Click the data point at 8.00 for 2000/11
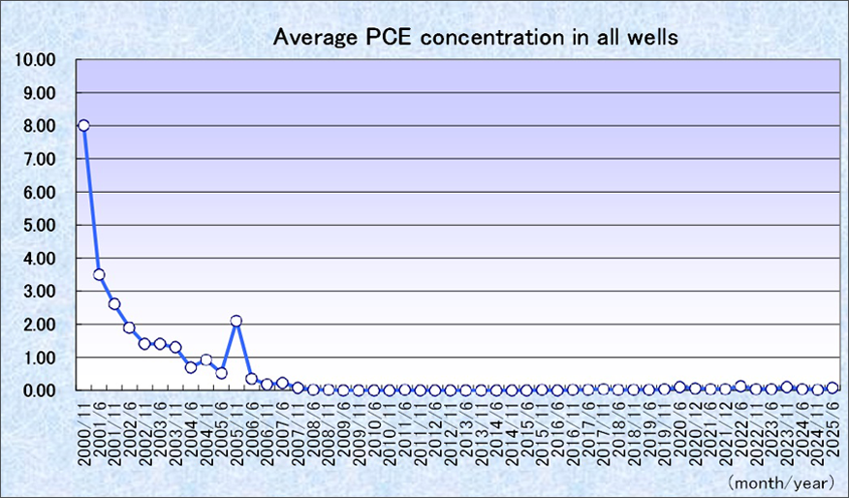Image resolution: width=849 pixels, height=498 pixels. point(83,125)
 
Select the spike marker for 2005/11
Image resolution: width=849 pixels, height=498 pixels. point(236,321)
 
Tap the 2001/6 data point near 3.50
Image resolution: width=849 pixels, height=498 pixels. point(99,274)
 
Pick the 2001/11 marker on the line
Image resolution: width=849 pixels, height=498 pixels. point(114,304)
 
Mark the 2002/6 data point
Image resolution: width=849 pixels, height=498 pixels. point(129,327)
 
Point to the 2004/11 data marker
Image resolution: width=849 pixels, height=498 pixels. point(205,359)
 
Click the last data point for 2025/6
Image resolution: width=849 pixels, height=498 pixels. point(832,388)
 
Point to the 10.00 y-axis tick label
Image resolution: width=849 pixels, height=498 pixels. point(36,60)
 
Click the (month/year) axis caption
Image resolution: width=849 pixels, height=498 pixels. point(783,482)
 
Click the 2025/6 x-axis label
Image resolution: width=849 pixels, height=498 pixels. point(832,427)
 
